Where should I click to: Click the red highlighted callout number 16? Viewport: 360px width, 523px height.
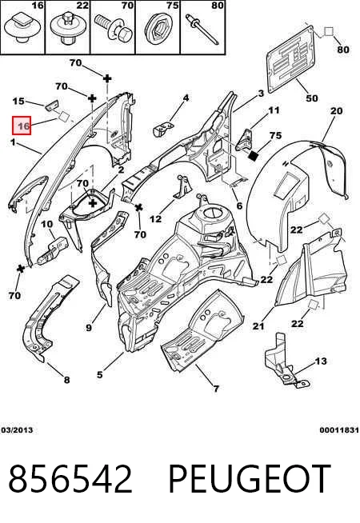[x=22, y=126]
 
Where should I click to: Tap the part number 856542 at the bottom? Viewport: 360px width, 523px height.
[x=70, y=479]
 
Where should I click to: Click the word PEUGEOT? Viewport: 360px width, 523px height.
[x=250, y=479]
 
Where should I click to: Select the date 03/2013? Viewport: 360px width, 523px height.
[x=17, y=430]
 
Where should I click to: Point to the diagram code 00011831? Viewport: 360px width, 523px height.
[x=339, y=430]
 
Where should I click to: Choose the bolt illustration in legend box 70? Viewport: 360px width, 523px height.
[x=114, y=28]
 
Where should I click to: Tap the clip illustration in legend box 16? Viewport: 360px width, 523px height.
[x=22, y=29]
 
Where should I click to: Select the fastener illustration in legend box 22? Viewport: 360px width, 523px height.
[x=68, y=28]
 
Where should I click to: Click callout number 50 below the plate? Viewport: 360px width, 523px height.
[x=312, y=98]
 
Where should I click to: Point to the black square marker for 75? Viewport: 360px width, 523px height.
[x=254, y=155]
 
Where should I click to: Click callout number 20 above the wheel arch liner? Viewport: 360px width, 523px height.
[x=336, y=110]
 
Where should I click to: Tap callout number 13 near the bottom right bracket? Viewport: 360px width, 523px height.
[x=321, y=361]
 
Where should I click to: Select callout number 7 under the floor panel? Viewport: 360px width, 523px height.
[x=216, y=389]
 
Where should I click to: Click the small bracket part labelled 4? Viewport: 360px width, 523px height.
[x=163, y=129]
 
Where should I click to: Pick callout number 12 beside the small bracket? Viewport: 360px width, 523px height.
[x=155, y=219]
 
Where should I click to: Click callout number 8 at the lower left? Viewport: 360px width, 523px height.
[x=66, y=380]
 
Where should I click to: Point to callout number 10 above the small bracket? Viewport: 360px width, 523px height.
[x=47, y=224]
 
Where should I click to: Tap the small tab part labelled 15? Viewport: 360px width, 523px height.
[x=51, y=105]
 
